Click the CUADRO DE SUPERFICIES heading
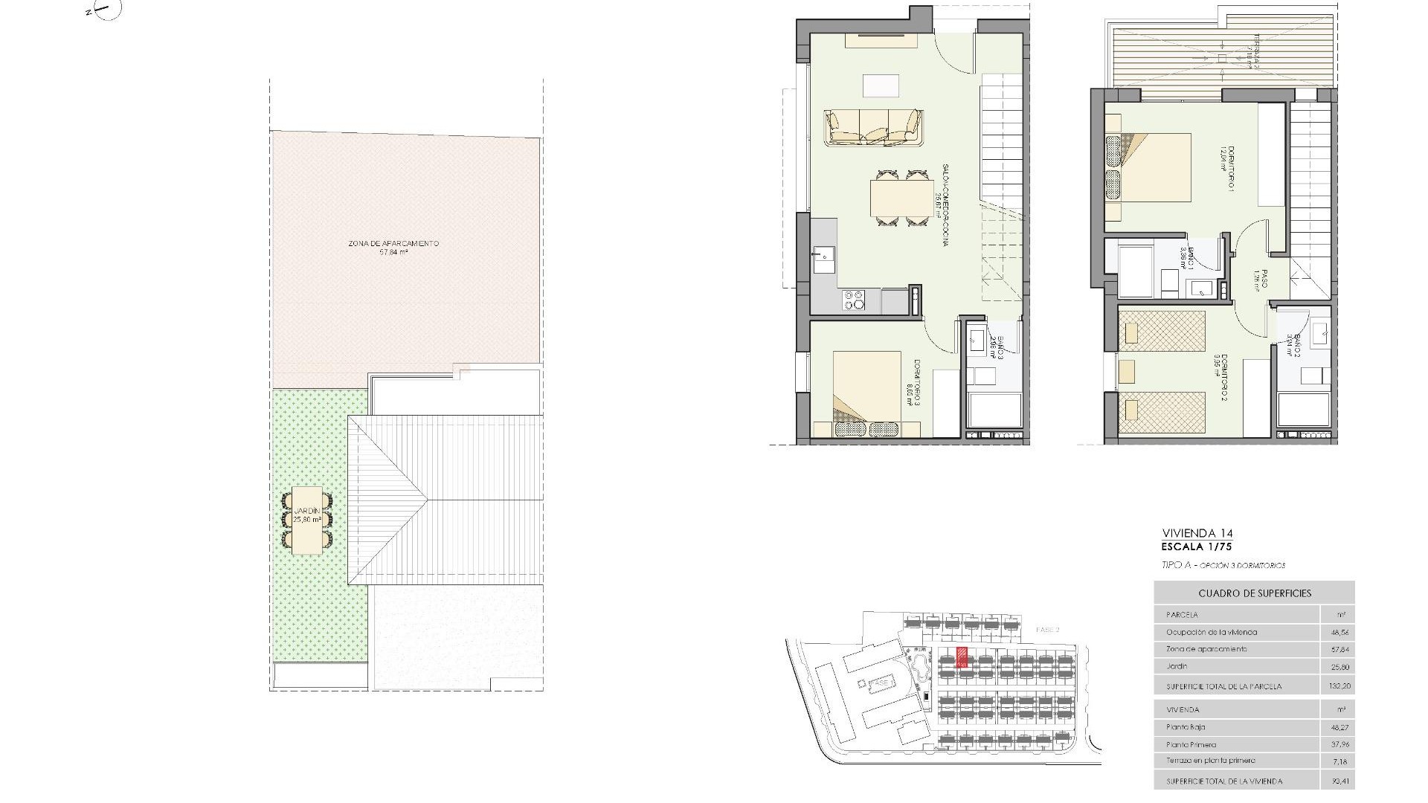[x=1254, y=593]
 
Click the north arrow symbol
[x=103, y=10]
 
